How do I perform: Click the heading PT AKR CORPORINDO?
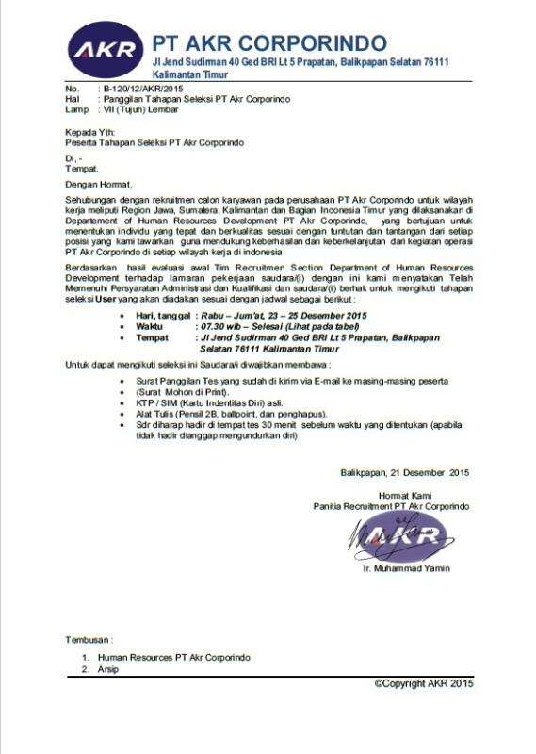[x=269, y=43]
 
